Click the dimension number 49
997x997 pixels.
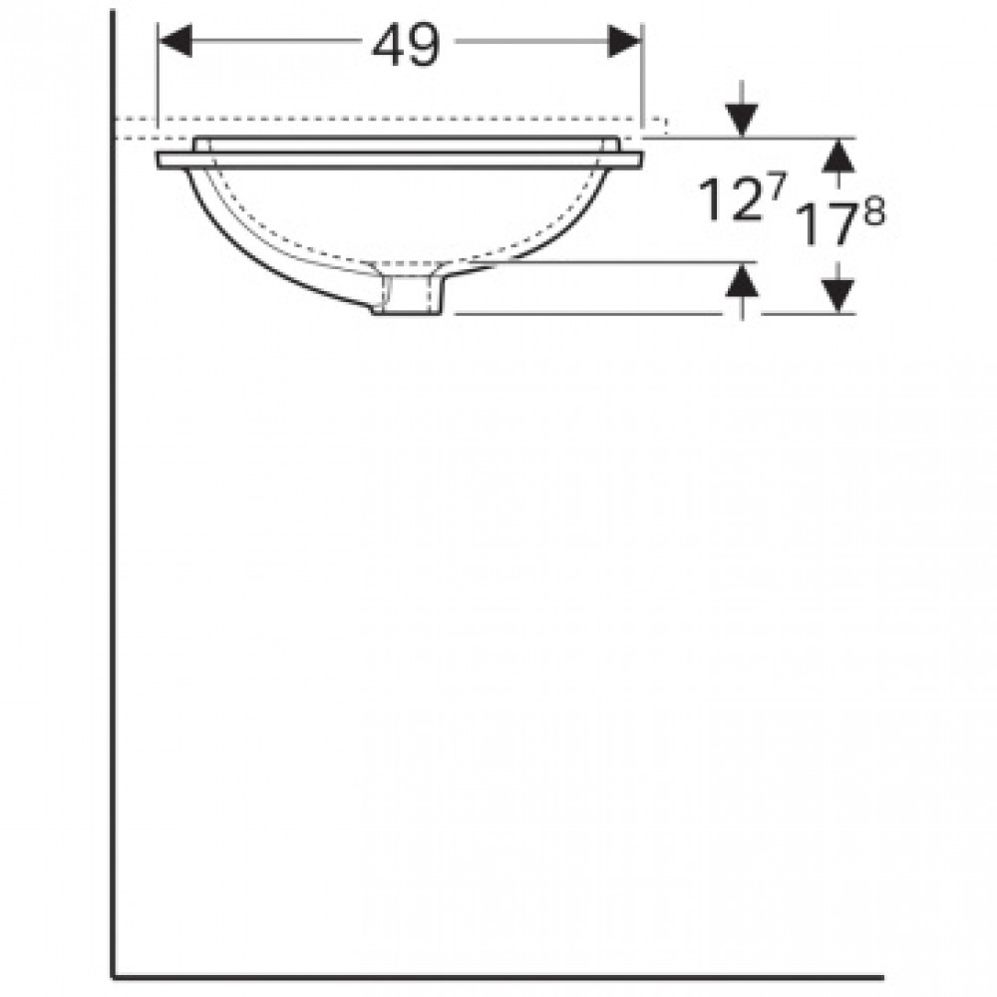(406, 45)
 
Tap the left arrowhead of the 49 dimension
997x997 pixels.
(174, 41)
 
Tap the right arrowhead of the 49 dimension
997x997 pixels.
(624, 41)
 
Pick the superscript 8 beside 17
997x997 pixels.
(873, 211)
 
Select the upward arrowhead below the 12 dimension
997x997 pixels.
(742, 281)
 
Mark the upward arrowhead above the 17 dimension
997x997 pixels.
(839, 156)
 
